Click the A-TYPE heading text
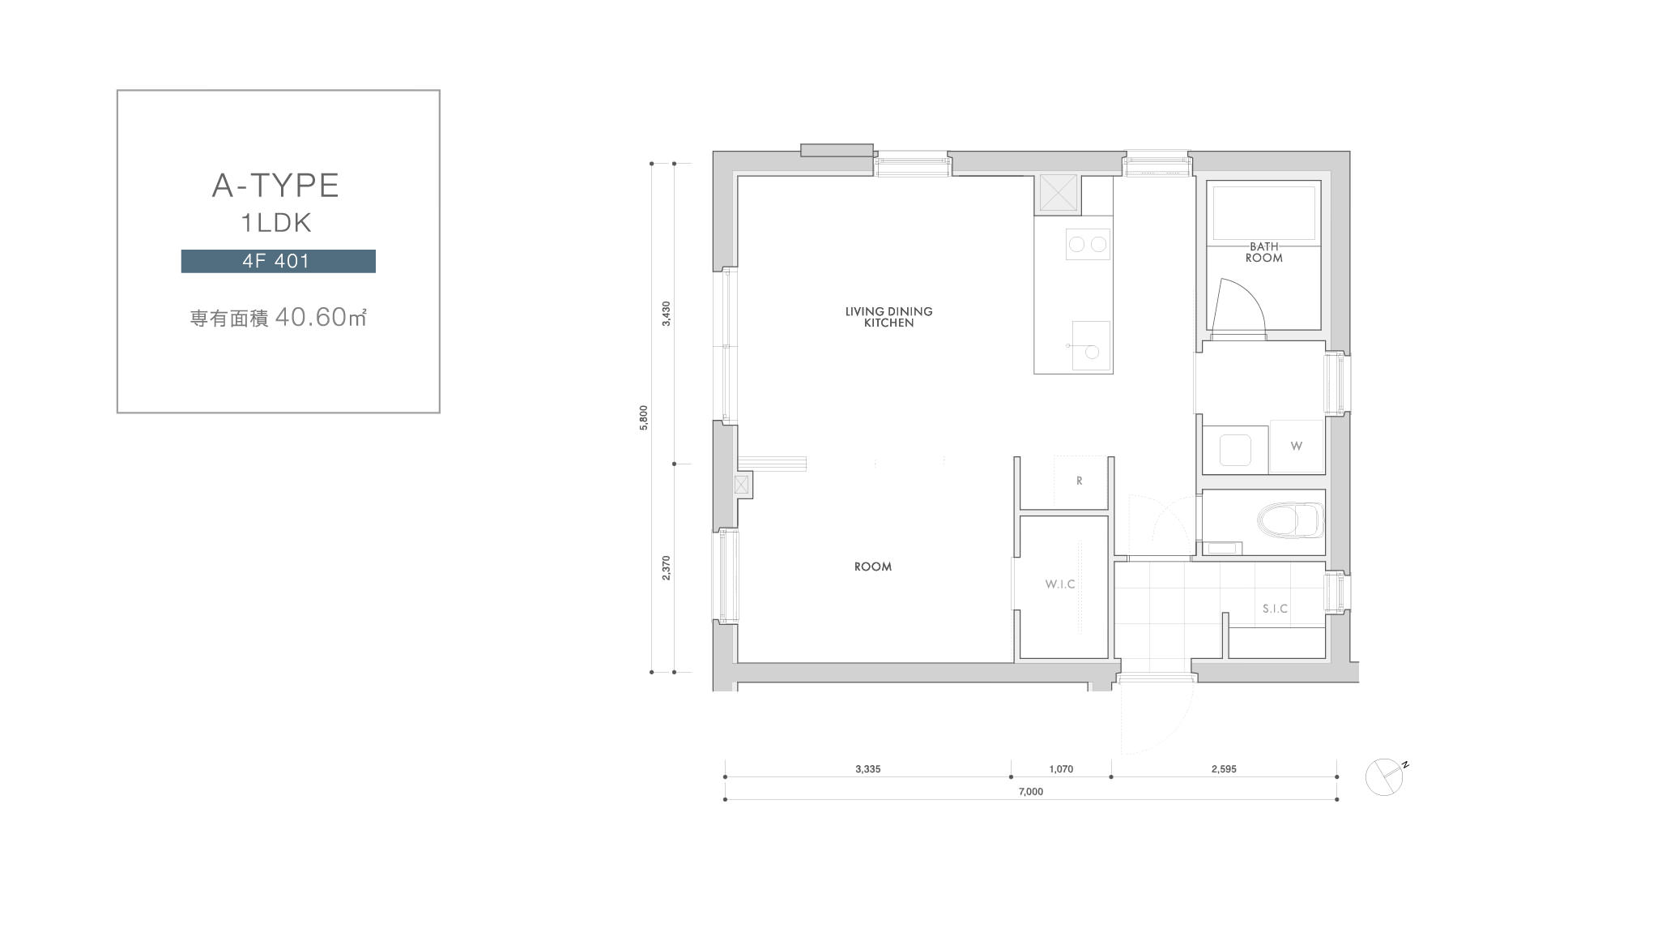(x=275, y=186)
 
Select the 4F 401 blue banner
(x=278, y=261)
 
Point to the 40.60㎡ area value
(x=321, y=317)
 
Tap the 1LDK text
(x=276, y=223)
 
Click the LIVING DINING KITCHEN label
(x=888, y=317)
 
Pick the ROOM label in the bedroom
(x=873, y=567)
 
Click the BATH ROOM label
(x=1264, y=252)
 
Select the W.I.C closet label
(x=1060, y=584)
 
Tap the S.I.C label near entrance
(x=1275, y=609)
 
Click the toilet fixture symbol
(x=1290, y=520)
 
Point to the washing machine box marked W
(x=1296, y=446)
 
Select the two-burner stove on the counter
(x=1088, y=244)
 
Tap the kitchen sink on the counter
(x=1091, y=345)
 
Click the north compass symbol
(x=1387, y=776)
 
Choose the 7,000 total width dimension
(x=1030, y=792)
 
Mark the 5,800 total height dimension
(x=644, y=417)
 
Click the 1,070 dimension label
(x=1061, y=769)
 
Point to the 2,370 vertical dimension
(x=666, y=568)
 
